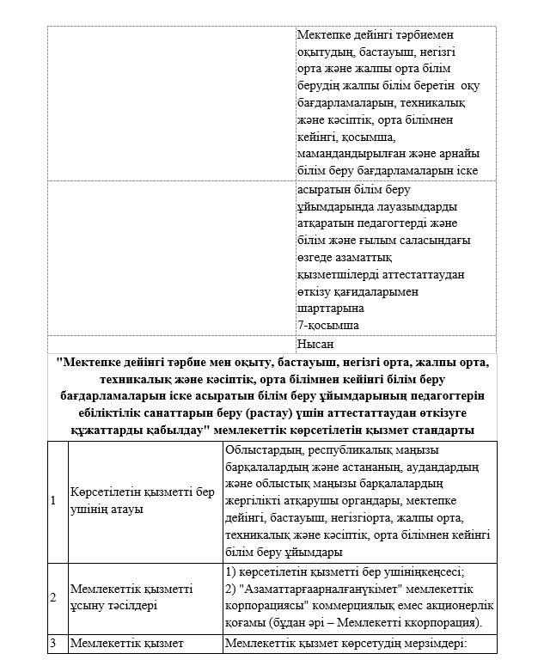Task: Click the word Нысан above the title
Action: tap(315, 344)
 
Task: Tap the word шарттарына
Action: tap(329, 308)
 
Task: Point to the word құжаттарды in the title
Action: tap(106, 429)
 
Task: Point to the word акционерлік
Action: tap(455, 605)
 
